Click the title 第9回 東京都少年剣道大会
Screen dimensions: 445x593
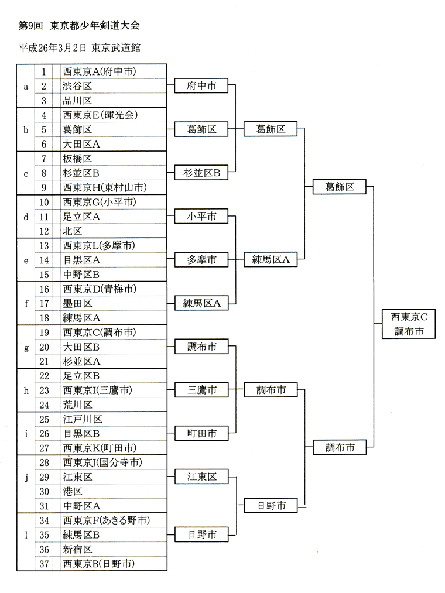[79, 26]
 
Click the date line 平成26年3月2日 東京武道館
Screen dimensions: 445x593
[80, 47]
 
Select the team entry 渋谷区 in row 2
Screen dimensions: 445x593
[77, 86]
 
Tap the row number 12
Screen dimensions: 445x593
[44, 231]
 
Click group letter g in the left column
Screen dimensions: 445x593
[26, 348]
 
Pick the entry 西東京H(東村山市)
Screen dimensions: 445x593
[105, 187]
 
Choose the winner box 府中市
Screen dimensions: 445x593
[201, 86]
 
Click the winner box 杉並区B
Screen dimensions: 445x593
[201, 173]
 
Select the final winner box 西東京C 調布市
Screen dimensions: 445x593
[409, 324]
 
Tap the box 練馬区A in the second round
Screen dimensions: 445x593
[271, 259]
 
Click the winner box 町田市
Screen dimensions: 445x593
[201, 433]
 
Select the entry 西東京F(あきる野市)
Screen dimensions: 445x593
[107, 521]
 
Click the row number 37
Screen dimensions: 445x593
[44, 564]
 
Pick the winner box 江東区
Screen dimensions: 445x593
[201, 477]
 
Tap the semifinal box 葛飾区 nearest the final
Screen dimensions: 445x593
[340, 187]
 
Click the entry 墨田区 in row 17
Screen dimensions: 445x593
[77, 303]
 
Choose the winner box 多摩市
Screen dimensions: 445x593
[201, 260]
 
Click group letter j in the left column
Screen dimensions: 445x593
[26, 477]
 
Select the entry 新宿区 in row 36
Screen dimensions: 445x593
[77, 550]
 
